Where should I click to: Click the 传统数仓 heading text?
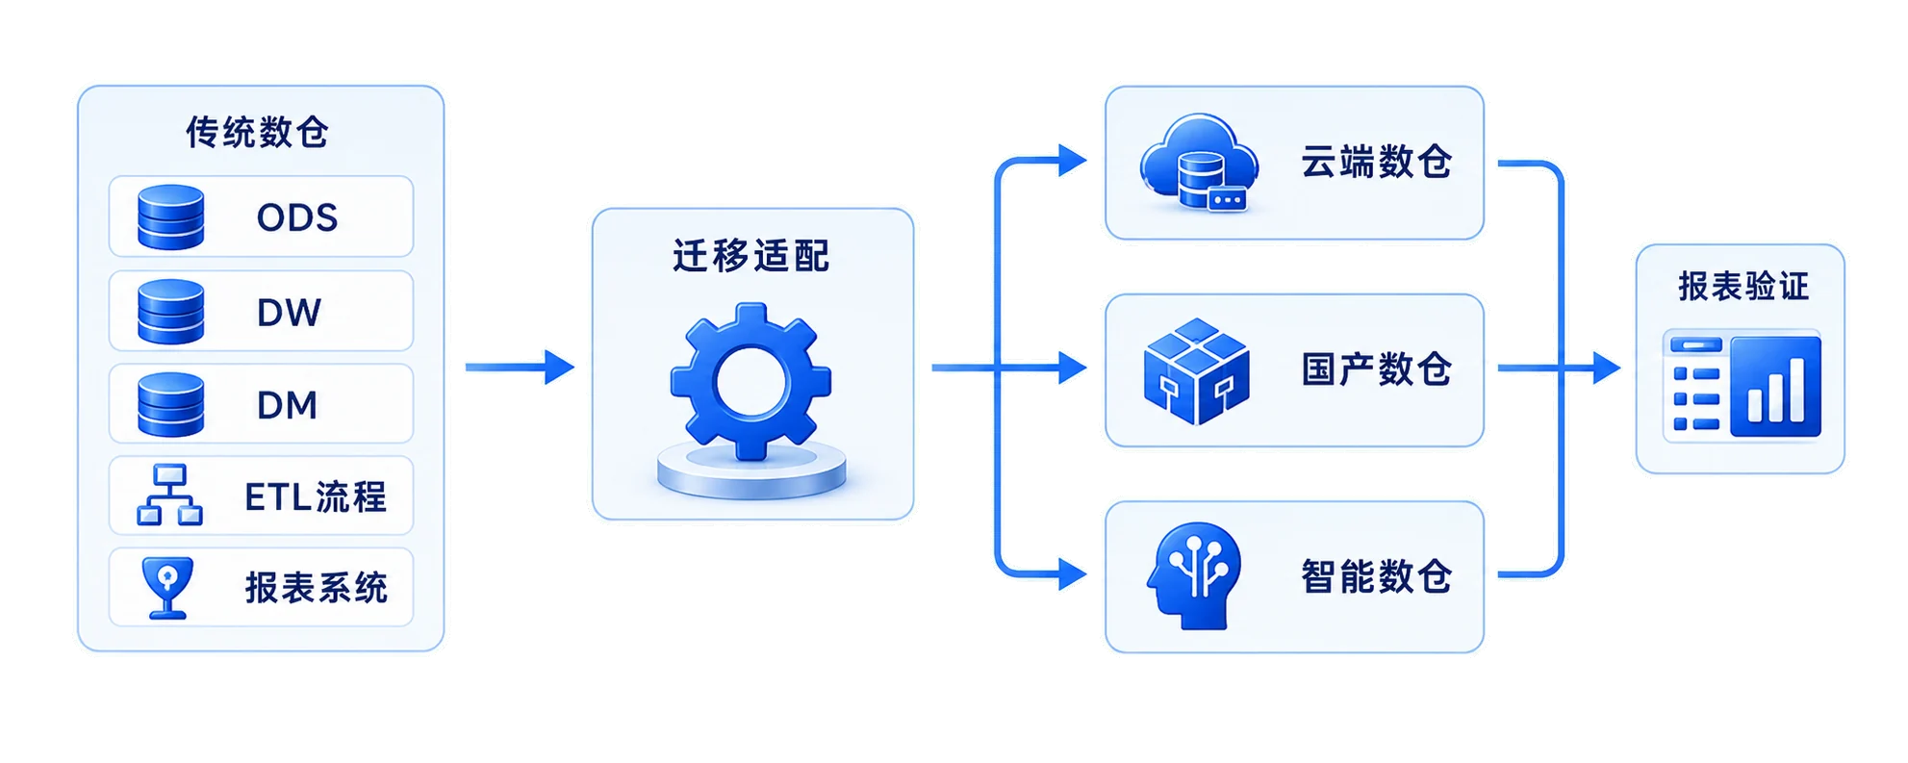257,133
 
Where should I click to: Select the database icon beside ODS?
171,217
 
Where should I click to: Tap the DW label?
289,313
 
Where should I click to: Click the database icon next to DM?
171,405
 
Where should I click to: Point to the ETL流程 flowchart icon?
170,495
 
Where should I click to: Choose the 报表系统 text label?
317,588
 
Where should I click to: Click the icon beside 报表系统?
167,587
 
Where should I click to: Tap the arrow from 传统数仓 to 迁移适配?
520,367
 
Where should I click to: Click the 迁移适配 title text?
751,256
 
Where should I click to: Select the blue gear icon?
751,382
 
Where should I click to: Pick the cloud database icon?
1199,163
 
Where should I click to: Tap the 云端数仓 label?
1377,162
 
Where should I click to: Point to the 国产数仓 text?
1377,369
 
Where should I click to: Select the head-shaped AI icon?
1194,576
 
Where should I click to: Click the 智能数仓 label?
1377,577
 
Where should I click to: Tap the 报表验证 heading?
1743,287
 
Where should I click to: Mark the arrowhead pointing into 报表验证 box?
1607,368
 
